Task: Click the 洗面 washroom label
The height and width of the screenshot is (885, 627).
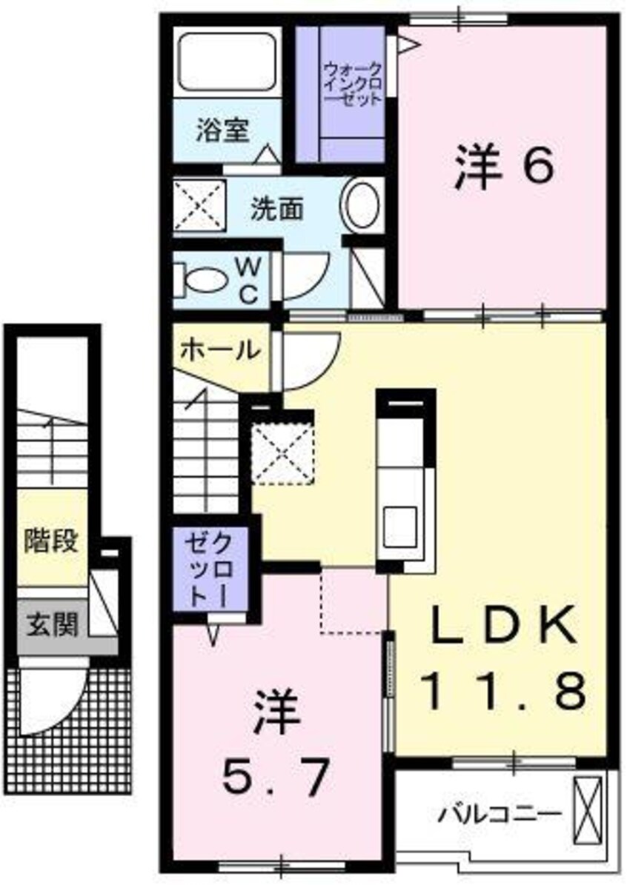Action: click(276, 210)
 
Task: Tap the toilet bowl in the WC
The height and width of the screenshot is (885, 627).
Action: click(208, 280)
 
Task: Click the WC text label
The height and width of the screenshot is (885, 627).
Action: click(248, 280)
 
